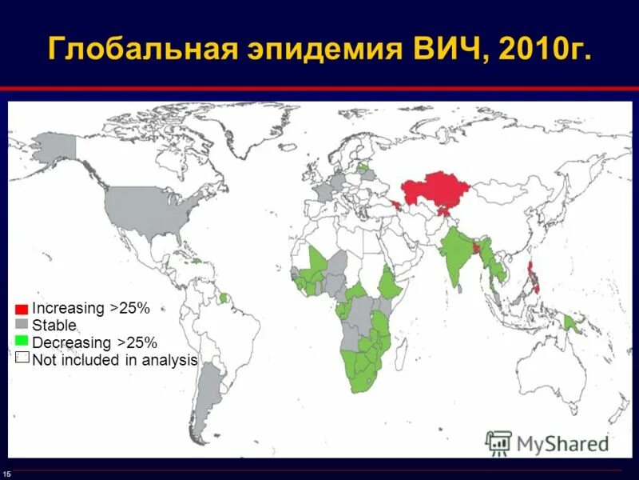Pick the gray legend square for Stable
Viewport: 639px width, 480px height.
click(22, 325)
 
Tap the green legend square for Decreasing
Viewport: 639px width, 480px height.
click(22, 342)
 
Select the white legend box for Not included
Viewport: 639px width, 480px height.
click(22, 358)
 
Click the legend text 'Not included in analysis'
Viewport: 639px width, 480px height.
click(114, 360)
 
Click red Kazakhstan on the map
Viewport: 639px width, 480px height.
click(435, 192)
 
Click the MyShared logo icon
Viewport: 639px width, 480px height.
click(499, 442)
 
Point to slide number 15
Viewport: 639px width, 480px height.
click(6, 474)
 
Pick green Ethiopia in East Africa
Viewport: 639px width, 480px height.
click(390, 284)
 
